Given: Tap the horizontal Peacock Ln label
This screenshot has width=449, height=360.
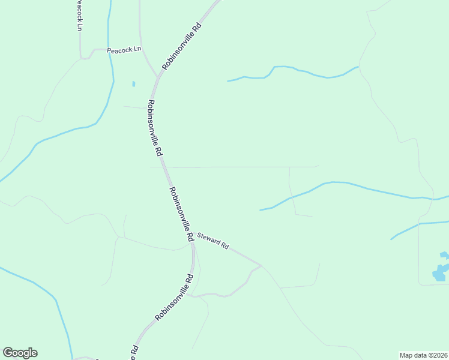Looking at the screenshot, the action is pos(124,50).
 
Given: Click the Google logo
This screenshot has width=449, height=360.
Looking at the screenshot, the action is pos(20,353).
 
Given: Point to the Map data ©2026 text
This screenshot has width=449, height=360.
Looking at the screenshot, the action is pos(423,355).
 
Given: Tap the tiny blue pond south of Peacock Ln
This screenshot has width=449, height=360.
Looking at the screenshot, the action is pos(133,84).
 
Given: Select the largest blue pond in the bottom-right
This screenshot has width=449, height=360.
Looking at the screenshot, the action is pos(439,273).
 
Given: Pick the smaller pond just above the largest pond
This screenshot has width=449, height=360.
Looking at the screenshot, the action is pos(444,254).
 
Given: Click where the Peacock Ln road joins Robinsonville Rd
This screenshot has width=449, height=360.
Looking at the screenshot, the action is pos(158,77).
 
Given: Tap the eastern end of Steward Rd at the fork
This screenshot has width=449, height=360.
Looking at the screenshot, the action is pos(261,265).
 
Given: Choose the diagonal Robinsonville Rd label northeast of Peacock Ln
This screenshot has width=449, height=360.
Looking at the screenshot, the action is pos(181,46).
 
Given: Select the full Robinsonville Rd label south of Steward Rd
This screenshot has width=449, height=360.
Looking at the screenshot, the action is pos(174,298).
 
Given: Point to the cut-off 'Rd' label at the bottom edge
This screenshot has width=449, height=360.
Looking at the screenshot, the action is pos(135,352).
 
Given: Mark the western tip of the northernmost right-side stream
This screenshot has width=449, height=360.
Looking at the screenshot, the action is pos(228,80).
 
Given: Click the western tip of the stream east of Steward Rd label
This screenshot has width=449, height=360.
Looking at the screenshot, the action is pos(260,210).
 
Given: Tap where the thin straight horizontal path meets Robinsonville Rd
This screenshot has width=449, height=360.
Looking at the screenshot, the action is pos(164,167).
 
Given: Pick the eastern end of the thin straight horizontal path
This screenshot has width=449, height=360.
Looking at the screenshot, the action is pos(318,166).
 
